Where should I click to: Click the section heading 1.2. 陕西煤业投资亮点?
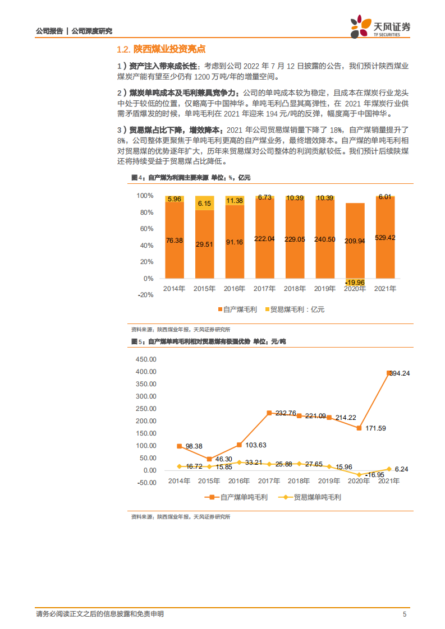tap(159, 49)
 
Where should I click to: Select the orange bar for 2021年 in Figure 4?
tap(385, 238)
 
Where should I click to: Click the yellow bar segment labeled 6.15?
tap(204, 203)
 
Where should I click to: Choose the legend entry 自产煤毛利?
tap(237, 309)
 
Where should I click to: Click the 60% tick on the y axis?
tap(145, 229)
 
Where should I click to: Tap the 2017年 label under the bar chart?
tap(265, 289)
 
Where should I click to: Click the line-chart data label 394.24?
tap(400, 373)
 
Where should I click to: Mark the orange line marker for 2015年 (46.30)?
tap(209, 459)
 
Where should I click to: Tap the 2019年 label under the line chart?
tap(329, 481)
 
